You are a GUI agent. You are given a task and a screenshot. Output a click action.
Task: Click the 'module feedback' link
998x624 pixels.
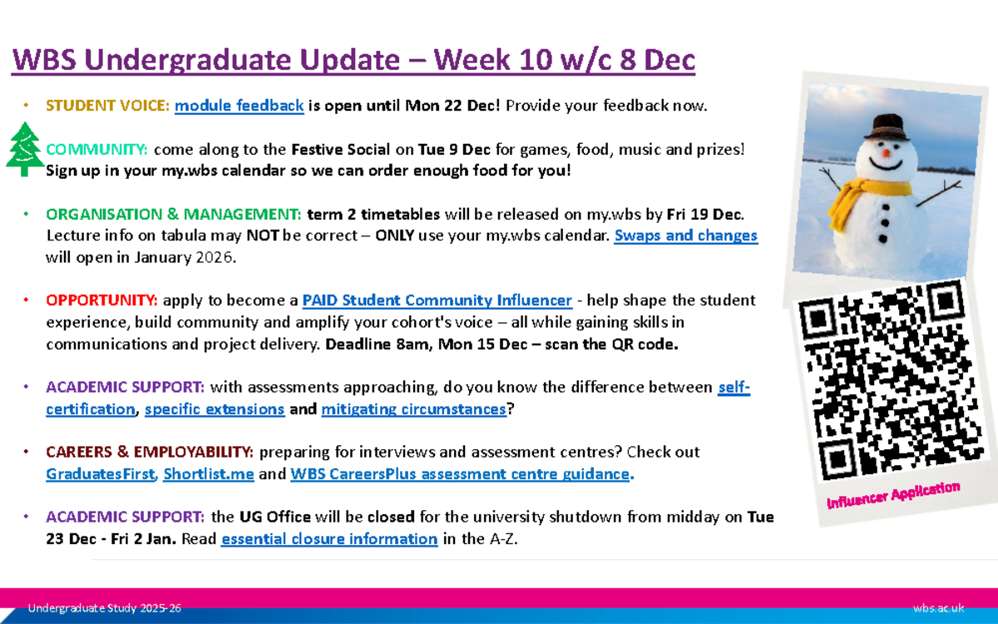click(x=239, y=106)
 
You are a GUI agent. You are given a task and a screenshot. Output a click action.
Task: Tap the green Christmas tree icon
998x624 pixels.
click(x=25, y=149)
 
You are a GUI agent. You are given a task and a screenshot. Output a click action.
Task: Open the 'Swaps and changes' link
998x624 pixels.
click(x=685, y=235)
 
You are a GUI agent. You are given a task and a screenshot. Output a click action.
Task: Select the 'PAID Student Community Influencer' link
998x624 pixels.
click(x=437, y=300)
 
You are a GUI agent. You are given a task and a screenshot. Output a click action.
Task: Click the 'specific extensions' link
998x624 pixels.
click(x=215, y=409)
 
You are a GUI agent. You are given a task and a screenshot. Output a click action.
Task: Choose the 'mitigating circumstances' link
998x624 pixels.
click(x=413, y=409)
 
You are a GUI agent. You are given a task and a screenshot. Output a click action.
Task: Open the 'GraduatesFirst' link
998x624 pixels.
click(x=100, y=474)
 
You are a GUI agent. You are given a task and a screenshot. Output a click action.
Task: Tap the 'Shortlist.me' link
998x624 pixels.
click(x=208, y=474)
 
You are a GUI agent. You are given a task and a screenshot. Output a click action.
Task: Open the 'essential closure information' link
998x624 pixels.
click(x=329, y=539)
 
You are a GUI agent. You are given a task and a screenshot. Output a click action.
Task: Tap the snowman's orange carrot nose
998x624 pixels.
click(x=886, y=152)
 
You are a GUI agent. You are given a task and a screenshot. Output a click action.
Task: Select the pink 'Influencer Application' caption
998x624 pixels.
click(x=892, y=494)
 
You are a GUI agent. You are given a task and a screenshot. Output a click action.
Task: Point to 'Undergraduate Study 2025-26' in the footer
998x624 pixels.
click(x=105, y=610)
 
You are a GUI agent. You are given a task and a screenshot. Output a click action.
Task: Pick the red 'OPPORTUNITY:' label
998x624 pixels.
click(x=102, y=300)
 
